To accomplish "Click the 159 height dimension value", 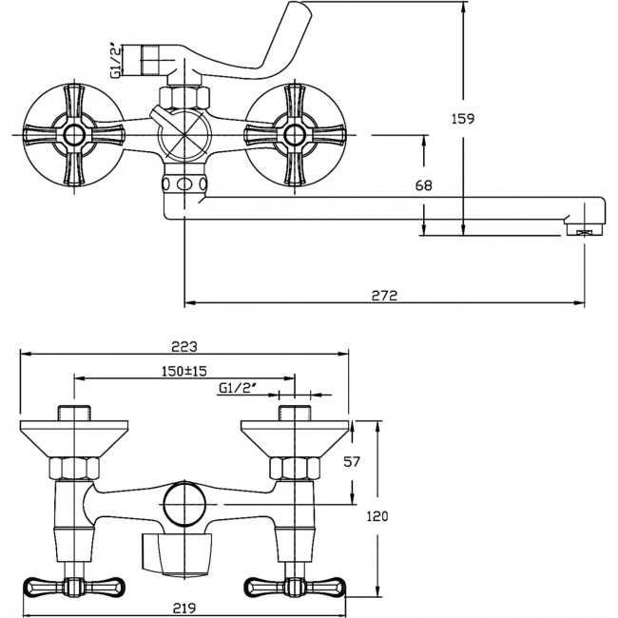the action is tap(463, 118).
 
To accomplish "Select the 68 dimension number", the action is tap(424, 185).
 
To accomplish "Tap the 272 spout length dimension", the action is tap(385, 295).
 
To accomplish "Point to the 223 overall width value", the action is tap(184, 347).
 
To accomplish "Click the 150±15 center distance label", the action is tap(184, 371).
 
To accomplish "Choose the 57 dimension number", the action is tap(352, 461).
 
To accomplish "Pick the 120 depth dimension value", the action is tap(377, 516).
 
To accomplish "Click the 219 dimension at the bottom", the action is tap(184, 608).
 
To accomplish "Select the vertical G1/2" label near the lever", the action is tap(117, 60).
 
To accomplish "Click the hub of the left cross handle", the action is tap(74, 135).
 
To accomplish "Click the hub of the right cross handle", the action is tap(295, 135).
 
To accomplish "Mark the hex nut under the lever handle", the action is tap(184, 97).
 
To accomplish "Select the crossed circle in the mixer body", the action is tap(184, 135).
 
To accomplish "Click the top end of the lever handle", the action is tap(299, 5).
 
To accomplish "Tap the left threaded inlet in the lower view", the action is tap(74, 413).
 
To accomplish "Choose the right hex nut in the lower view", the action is tap(295, 469).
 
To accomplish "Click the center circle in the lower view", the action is tap(184, 504).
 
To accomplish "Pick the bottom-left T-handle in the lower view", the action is tap(74, 586).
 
